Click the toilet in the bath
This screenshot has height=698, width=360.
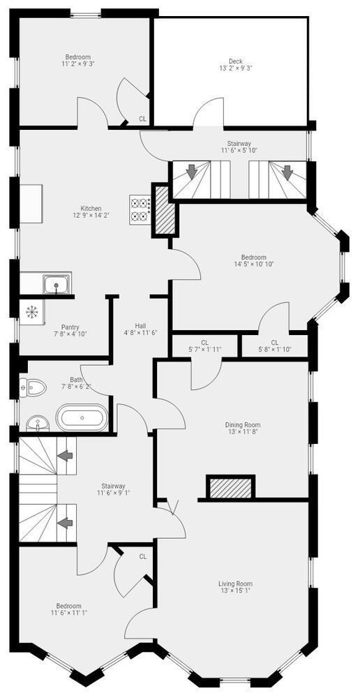[33, 387]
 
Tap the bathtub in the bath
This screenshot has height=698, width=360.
[82, 418]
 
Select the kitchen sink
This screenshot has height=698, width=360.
[57, 285]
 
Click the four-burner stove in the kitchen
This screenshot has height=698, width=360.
[140, 210]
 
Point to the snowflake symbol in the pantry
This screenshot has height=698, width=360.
[32, 311]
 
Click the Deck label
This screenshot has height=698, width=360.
[235, 61]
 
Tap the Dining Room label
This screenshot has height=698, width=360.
[243, 424]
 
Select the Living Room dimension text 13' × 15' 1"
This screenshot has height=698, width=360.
[235, 591]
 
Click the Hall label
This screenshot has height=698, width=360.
[141, 325]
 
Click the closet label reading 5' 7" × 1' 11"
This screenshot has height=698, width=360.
[204, 349]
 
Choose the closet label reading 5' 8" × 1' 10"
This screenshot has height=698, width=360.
[275, 349]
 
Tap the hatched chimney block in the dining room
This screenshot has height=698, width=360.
[230, 488]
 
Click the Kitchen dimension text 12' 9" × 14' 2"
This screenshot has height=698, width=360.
[91, 214]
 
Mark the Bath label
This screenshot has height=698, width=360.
[76, 380]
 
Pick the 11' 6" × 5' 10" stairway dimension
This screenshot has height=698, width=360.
[239, 150]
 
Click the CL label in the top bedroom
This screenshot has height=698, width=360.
[142, 119]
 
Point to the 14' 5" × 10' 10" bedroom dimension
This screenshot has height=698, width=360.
[254, 264]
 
